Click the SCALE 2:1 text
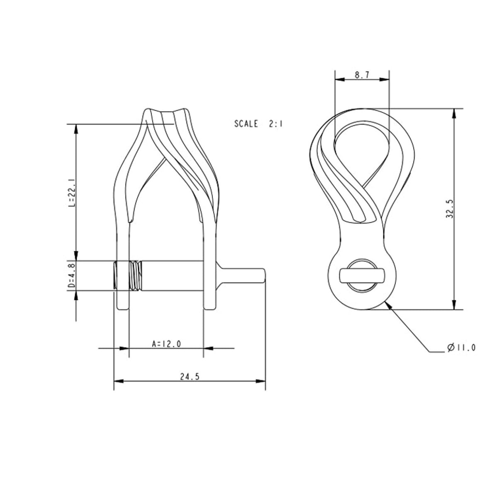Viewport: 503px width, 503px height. pos(258,123)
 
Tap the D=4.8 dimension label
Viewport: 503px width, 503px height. pos(71,275)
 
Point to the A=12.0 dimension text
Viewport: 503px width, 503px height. pos(166,343)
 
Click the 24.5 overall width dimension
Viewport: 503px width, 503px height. pos(190,377)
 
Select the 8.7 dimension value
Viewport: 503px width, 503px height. pos(362,75)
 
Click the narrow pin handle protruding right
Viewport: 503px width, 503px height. pos(244,275)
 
